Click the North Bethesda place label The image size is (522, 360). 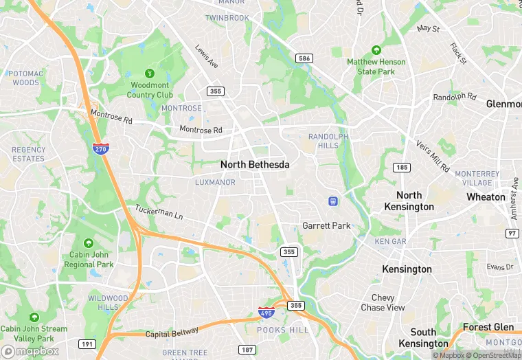(255, 165)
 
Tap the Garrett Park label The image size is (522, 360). (326, 225)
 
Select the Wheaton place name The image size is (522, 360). (486, 196)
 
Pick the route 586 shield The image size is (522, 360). (304, 58)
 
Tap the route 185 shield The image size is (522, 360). (402, 168)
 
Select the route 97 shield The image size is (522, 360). (512, 234)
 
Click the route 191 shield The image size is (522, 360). (87, 344)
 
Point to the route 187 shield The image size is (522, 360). (247, 350)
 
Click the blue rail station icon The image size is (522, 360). (333, 201)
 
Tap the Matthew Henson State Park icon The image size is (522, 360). (376, 50)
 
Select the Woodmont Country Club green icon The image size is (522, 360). (150, 74)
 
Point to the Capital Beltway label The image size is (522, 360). (172, 333)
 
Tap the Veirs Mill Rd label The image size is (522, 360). (433, 157)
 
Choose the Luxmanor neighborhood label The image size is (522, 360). (215, 183)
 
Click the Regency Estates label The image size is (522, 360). (28, 154)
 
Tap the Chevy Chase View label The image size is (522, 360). (383, 303)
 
